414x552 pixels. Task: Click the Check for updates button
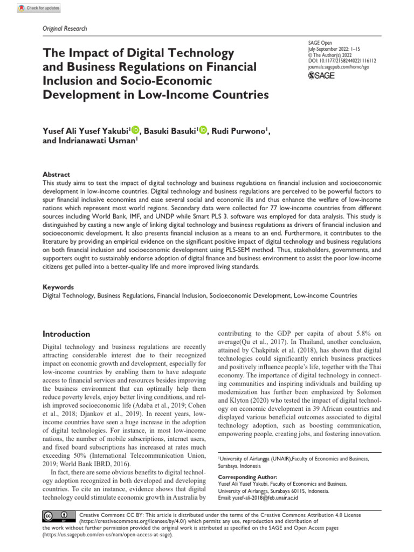tap(39, 8)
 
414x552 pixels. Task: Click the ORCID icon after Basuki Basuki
tap(203, 129)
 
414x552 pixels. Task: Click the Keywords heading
tap(58, 287)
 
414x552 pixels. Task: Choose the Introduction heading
tap(66, 334)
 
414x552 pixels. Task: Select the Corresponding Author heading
tap(247, 477)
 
